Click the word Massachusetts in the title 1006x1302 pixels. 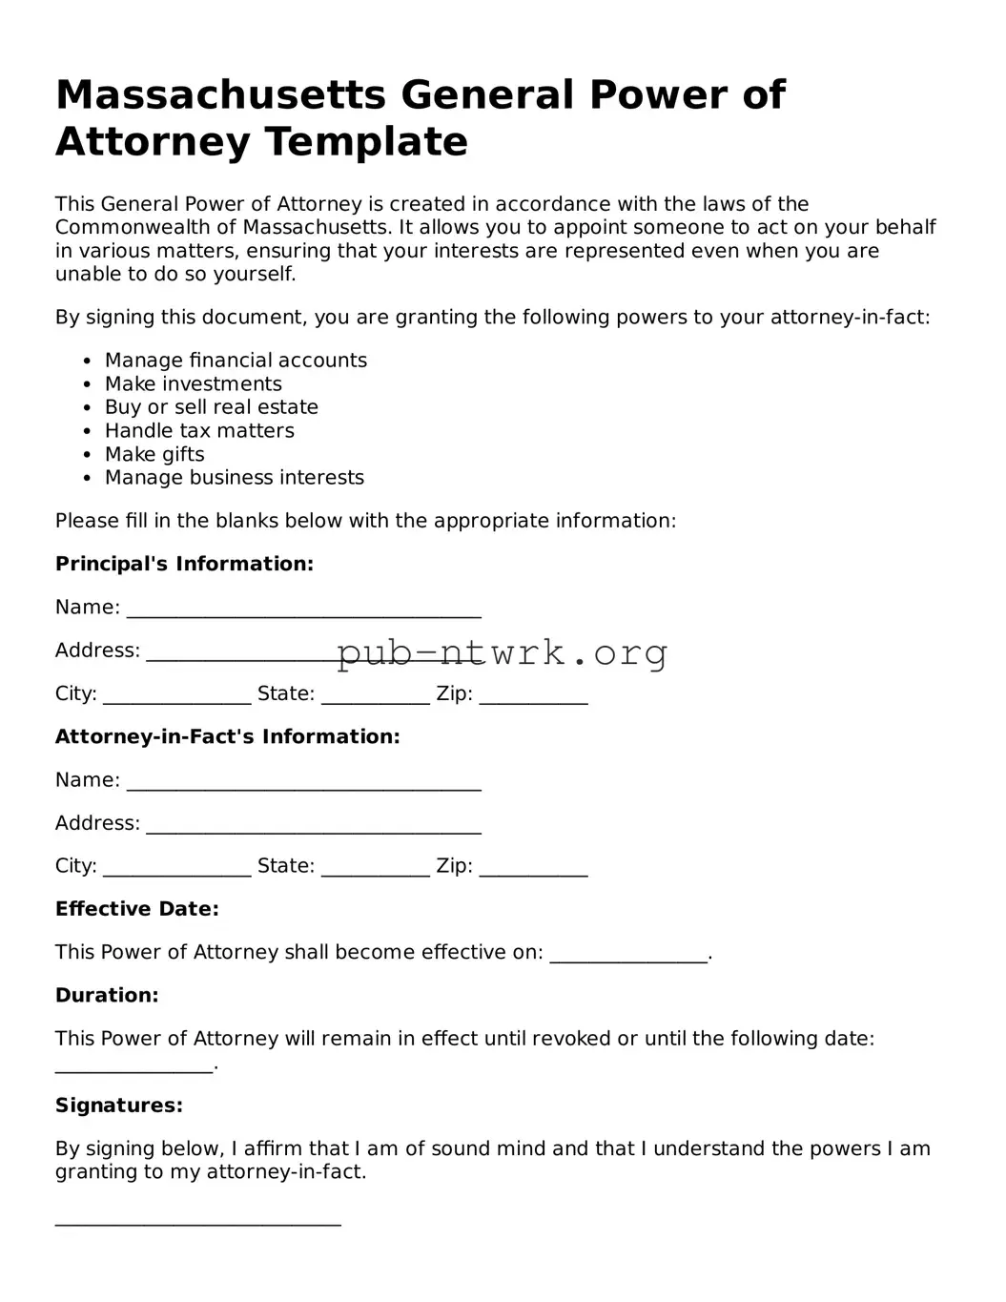pyautogui.click(x=220, y=95)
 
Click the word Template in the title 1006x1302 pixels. pyautogui.click(x=365, y=142)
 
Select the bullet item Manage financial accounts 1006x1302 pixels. pyautogui.click(x=236, y=361)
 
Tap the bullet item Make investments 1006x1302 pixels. pyautogui.click(x=193, y=384)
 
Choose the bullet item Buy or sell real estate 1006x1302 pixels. pyautogui.click(x=211, y=407)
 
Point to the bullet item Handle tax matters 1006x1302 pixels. pyautogui.click(x=199, y=431)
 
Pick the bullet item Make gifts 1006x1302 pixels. pyautogui.click(x=154, y=454)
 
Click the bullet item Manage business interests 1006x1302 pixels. pyautogui.click(x=234, y=478)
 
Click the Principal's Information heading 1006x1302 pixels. pyautogui.click(x=184, y=564)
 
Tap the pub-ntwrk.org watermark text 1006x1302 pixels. pyautogui.click(x=502, y=653)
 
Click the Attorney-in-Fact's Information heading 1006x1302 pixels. pyautogui.click(x=227, y=736)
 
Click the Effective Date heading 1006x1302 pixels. pyautogui.click(x=136, y=909)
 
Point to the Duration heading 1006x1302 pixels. pyautogui.click(x=107, y=995)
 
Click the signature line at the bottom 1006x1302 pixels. pyautogui.click(x=197, y=1222)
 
